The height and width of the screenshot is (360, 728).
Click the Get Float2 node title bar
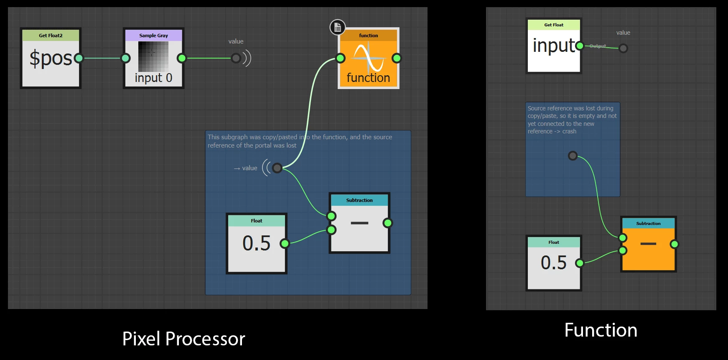[51, 36]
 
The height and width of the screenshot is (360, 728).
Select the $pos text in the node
[51, 58]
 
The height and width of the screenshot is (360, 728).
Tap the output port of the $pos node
[79, 58]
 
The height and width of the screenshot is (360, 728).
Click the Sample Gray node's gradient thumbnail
[153, 56]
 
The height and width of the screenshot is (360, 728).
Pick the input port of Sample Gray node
[125, 58]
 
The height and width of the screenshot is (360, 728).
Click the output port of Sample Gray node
[181, 58]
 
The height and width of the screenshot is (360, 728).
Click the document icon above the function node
[338, 28]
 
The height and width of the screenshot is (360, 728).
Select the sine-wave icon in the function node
[368, 58]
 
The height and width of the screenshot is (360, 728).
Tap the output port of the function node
[397, 58]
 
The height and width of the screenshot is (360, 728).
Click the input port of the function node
[341, 58]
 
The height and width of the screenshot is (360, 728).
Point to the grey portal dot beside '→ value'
[277, 168]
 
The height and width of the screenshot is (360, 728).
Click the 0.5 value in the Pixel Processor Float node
[256, 243]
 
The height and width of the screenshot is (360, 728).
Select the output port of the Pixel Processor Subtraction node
[387, 223]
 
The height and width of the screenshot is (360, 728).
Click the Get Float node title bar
[554, 25]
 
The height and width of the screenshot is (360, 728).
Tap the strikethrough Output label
[598, 46]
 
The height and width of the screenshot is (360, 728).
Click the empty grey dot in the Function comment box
[573, 156]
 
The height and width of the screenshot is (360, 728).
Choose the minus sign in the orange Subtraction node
[648, 244]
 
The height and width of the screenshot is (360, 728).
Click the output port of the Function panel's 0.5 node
[579, 263]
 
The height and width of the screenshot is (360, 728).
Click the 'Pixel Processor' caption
[183, 339]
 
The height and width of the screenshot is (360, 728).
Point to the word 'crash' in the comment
[569, 131]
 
